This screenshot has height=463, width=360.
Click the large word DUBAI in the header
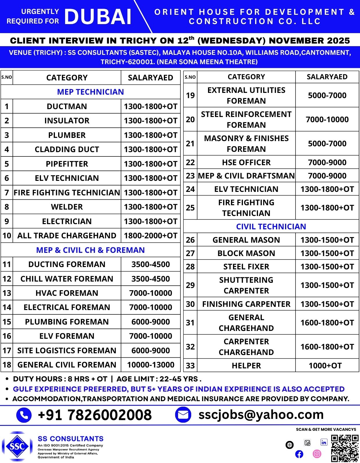coord(98,17)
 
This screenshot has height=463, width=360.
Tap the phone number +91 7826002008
coord(95,415)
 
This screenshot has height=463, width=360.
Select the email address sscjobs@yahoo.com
coord(261,415)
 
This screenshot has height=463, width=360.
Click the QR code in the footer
coord(345,448)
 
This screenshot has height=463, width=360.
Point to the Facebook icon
coord(299,454)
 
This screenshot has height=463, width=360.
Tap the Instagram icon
coord(317,454)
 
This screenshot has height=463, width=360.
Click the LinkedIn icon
coord(324,442)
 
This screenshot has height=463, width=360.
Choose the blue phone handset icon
coord(24,415)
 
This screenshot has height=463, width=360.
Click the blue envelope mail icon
coord(183,415)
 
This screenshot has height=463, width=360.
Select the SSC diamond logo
coord(17,446)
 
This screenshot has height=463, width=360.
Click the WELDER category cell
coord(67,207)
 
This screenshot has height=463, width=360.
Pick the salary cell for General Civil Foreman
coord(151,365)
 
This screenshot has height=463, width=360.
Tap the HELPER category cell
coord(246,366)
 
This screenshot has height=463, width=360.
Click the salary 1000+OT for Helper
coord(325,366)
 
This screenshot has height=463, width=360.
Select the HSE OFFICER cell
coord(246,163)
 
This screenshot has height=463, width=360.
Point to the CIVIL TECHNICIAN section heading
coord(271,226)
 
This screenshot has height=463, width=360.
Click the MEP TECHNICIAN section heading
coord(90,92)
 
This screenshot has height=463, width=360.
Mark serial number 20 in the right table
coord(190,119)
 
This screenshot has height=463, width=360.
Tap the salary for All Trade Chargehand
coord(151,236)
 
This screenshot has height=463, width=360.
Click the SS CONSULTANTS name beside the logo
coord(71,439)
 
